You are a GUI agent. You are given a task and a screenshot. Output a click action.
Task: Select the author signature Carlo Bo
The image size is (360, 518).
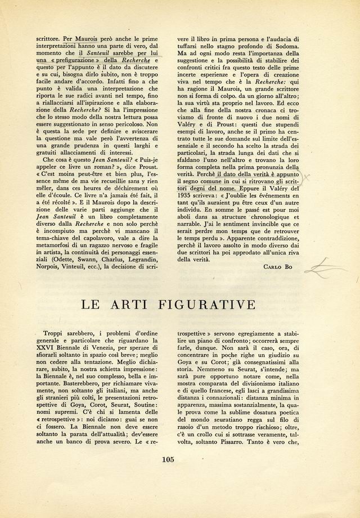pyautogui.click(x=281, y=266)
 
